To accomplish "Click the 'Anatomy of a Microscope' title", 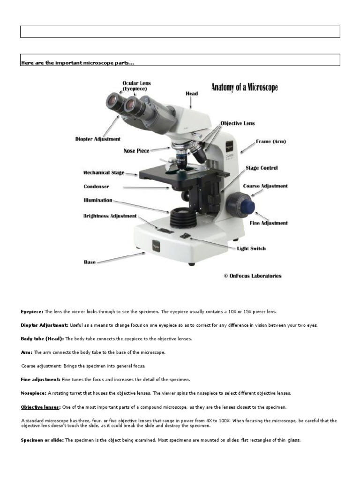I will click(244, 88).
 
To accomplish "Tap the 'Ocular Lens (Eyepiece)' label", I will click(136, 86).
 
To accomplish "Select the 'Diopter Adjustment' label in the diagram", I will click(97, 139).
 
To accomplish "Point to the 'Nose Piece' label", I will click(136, 151).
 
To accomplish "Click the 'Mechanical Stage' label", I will click(104, 172).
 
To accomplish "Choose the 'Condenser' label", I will click(96, 187).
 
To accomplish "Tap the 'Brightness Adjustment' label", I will click(110, 216).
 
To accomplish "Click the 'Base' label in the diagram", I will click(90, 262).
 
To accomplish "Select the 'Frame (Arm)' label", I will click(270, 141).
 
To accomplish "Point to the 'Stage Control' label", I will click(262, 168).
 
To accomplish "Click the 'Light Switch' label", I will click(251, 248).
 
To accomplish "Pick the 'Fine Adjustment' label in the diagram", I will click(269, 223).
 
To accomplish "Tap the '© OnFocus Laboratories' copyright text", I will click(253, 276).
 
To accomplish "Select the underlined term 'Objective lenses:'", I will click(40, 407).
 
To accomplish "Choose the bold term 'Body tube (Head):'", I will click(42, 338).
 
